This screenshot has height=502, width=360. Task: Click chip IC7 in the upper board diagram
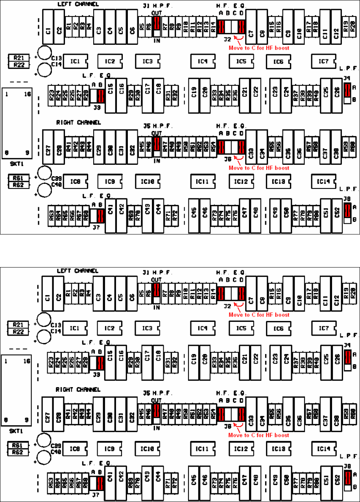pos(323,61)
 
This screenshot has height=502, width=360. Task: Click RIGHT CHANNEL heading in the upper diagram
pos(79,123)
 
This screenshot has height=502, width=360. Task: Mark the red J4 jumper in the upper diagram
pos(347,90)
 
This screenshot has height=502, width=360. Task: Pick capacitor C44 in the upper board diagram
pos(159,214)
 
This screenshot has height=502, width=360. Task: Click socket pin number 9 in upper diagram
pos(27,152)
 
